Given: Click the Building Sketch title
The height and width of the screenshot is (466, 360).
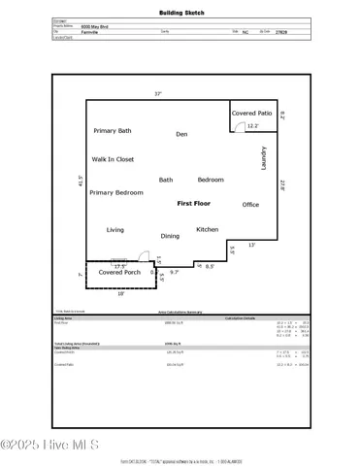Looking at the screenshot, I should pos(180,14).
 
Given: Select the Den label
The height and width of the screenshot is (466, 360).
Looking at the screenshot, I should pos(181,134).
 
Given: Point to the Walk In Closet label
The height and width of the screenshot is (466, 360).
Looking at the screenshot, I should pos(113,159).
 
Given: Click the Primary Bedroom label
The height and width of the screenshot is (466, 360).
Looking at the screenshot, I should pos(116,193).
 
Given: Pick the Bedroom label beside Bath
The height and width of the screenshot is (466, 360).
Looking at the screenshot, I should pos(211,180).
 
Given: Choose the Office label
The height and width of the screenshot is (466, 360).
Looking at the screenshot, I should pos(250,205).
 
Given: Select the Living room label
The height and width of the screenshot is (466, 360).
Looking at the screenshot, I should pos(115,230).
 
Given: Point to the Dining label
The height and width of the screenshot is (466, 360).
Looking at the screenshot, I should pos(170,236).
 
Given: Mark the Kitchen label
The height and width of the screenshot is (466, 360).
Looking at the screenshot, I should pos(208,230).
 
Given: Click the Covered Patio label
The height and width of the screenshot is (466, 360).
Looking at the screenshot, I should pos(252,114).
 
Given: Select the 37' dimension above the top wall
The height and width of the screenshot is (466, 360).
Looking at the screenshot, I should pos(157,94).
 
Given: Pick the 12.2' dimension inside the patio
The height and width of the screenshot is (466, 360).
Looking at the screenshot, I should pos(253,126).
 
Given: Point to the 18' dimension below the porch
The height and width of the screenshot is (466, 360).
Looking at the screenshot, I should pos(120,293).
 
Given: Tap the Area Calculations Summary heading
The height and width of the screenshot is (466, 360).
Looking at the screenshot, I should pos(180,312).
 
